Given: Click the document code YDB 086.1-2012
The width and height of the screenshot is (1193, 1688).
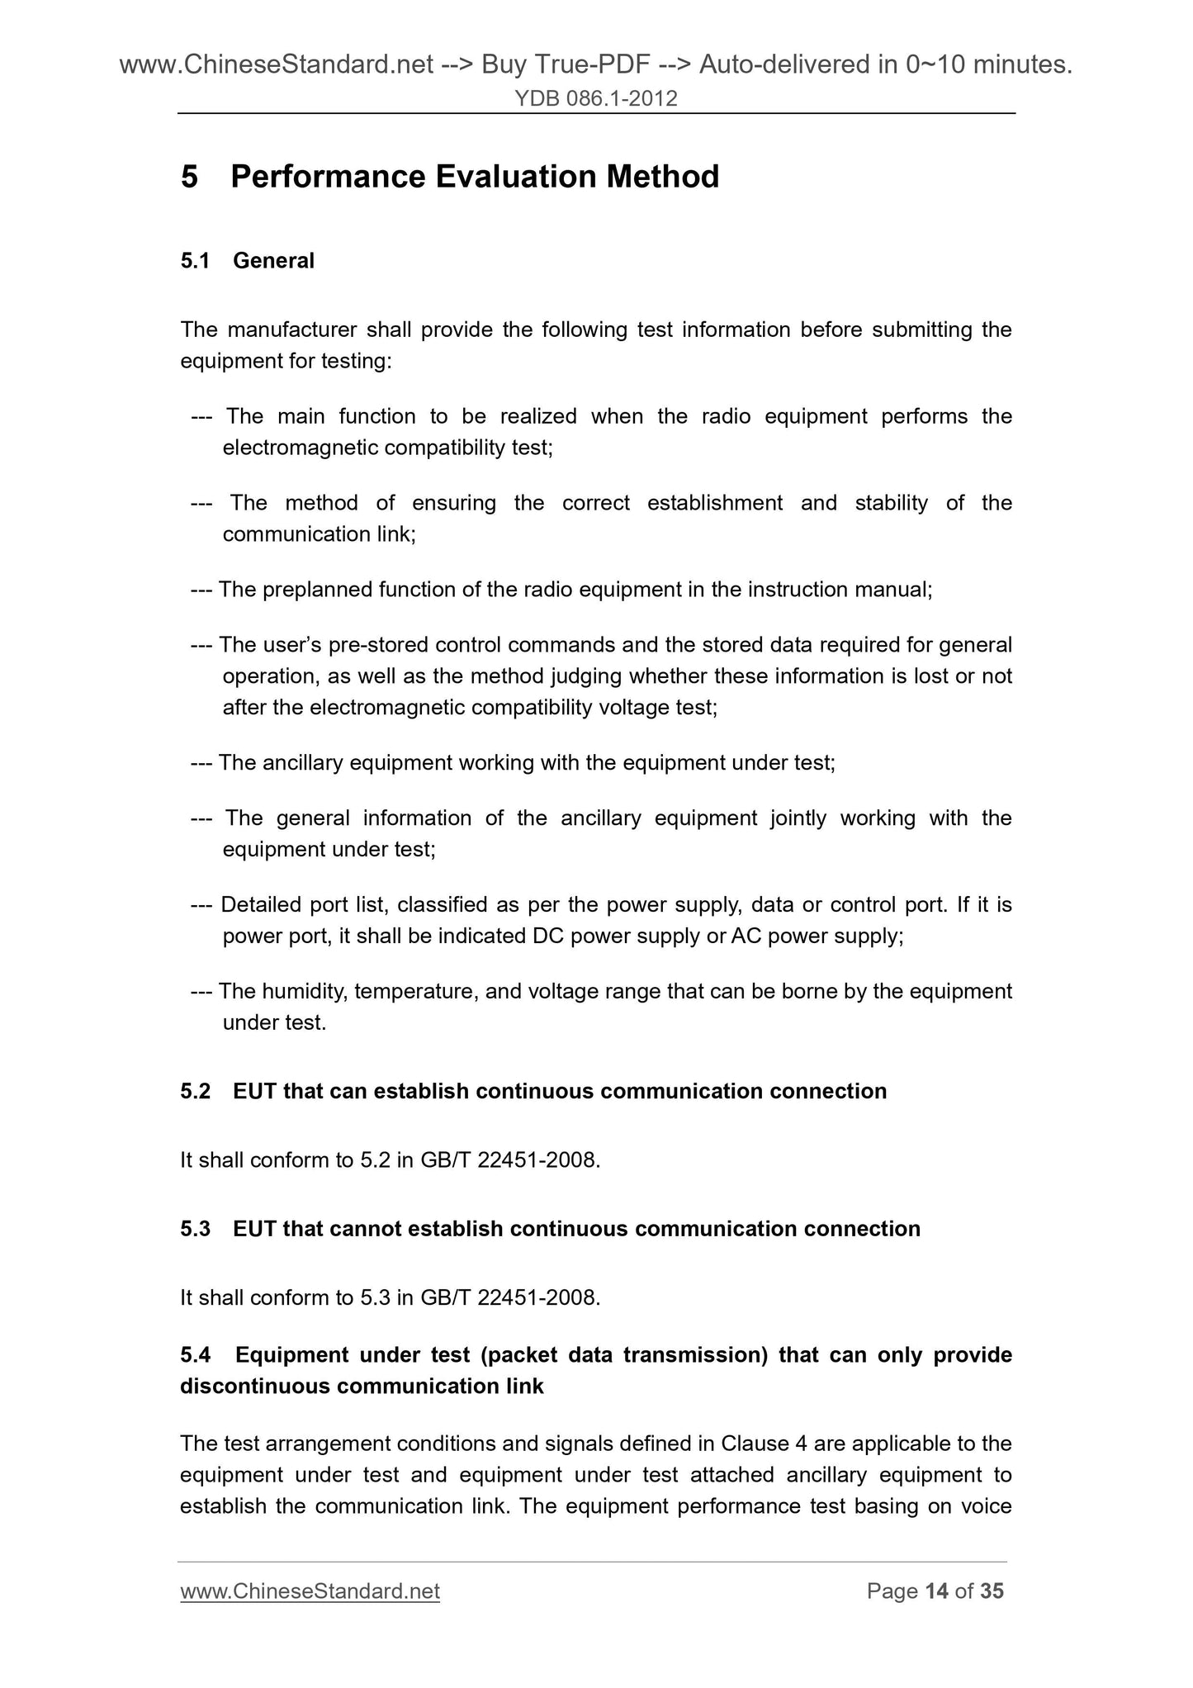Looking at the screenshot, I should pos(596,99).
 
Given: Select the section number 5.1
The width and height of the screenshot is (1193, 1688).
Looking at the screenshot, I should pos(195,261).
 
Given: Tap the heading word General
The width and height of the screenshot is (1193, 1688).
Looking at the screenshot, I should pos(273,261).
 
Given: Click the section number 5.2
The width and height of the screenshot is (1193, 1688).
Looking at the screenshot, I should pos(195,1092).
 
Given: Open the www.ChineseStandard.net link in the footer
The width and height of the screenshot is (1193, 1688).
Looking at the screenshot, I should pos(310,1591).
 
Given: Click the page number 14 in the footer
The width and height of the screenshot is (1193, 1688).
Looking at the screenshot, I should pos(936,1591).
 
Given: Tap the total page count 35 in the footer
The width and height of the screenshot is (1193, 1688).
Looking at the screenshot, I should pos(992,1591).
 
